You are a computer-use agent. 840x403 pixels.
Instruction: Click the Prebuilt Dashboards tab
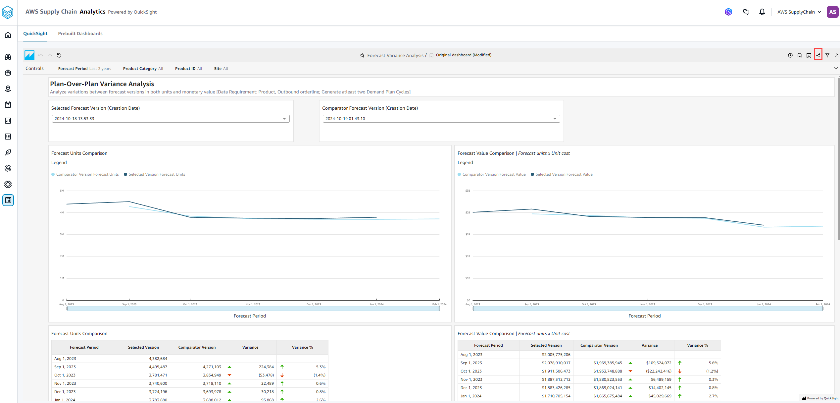tap(80, 33)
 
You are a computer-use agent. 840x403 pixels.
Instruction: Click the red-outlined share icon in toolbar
tap(818, 55)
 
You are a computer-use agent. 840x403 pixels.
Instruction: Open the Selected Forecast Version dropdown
tap(171, 119)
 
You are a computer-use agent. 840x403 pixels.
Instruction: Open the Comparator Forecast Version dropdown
tap(441, 119)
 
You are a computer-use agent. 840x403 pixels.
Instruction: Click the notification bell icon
tap(762, 12)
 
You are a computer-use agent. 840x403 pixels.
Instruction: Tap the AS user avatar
tap(832, 12)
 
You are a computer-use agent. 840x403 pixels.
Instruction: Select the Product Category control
tap(143, 69)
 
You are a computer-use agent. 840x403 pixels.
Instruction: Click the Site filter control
tap(221, 69)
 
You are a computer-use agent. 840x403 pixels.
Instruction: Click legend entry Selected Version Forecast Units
tap(156, 174)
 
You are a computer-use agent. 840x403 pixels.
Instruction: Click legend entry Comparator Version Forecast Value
tap(493, 174)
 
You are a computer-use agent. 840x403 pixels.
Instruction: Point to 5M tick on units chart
tap(62, 191)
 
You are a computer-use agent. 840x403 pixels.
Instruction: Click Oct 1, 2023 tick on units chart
tap(190, 304)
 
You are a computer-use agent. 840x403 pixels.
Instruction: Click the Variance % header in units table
tap(302, 347)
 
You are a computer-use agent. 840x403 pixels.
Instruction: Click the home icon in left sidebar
tap(8, 35)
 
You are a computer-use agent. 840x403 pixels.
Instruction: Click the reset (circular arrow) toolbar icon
tap(59, 55)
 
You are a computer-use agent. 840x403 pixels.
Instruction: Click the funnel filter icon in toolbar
tap(827, 55)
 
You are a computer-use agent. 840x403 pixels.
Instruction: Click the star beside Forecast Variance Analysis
tap(362, 55)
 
